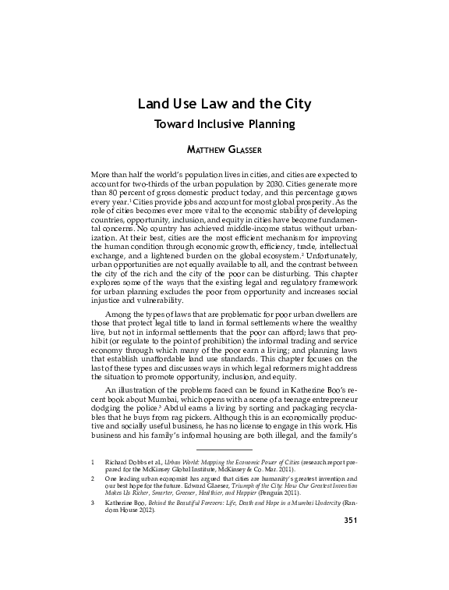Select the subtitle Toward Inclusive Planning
(x=224, y=123)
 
